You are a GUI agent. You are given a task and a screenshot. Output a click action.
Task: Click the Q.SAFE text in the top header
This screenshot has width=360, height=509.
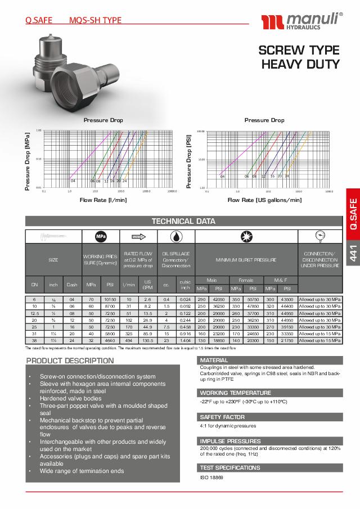[39, 20]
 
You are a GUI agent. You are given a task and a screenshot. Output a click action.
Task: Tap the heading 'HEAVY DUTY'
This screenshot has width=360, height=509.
[300, 64]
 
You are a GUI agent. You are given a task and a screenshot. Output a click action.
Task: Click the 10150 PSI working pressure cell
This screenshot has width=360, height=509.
[110, 300]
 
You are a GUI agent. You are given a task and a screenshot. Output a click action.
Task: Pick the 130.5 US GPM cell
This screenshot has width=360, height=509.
[148, 340]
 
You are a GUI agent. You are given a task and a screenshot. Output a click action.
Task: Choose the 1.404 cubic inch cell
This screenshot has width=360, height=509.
[184, 340]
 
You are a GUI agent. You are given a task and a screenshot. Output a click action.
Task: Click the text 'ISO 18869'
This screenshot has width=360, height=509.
[211, 477]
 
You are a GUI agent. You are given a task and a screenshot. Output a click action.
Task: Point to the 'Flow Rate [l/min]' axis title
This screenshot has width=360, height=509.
[103, 200]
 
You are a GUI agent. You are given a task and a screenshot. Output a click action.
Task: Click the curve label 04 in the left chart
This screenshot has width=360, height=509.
[73, 181]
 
